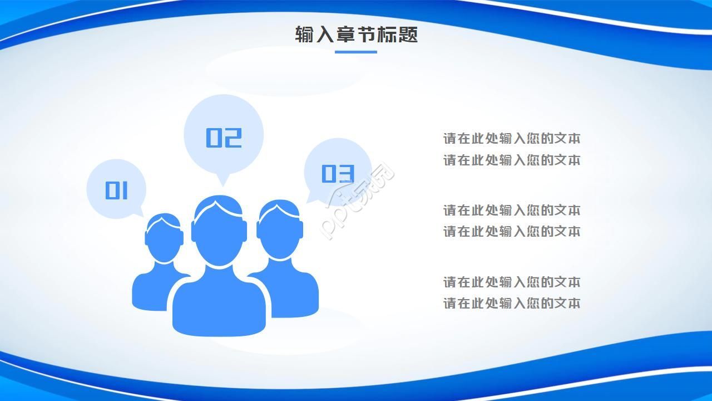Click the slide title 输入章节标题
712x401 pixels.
(356, 35)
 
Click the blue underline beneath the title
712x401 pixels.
(356, 52)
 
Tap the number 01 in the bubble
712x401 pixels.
(117, 190)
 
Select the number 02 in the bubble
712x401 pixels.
(224, 138)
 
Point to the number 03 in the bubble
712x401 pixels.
(338, 174)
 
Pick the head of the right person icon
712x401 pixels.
(280, 231)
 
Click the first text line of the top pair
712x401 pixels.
(512, 139)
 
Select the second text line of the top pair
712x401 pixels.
(512, 160)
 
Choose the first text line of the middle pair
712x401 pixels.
(512, 211)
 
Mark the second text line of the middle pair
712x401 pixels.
(512, 231)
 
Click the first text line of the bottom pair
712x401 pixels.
(512, 282)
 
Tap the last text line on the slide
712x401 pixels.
(512, 304)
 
